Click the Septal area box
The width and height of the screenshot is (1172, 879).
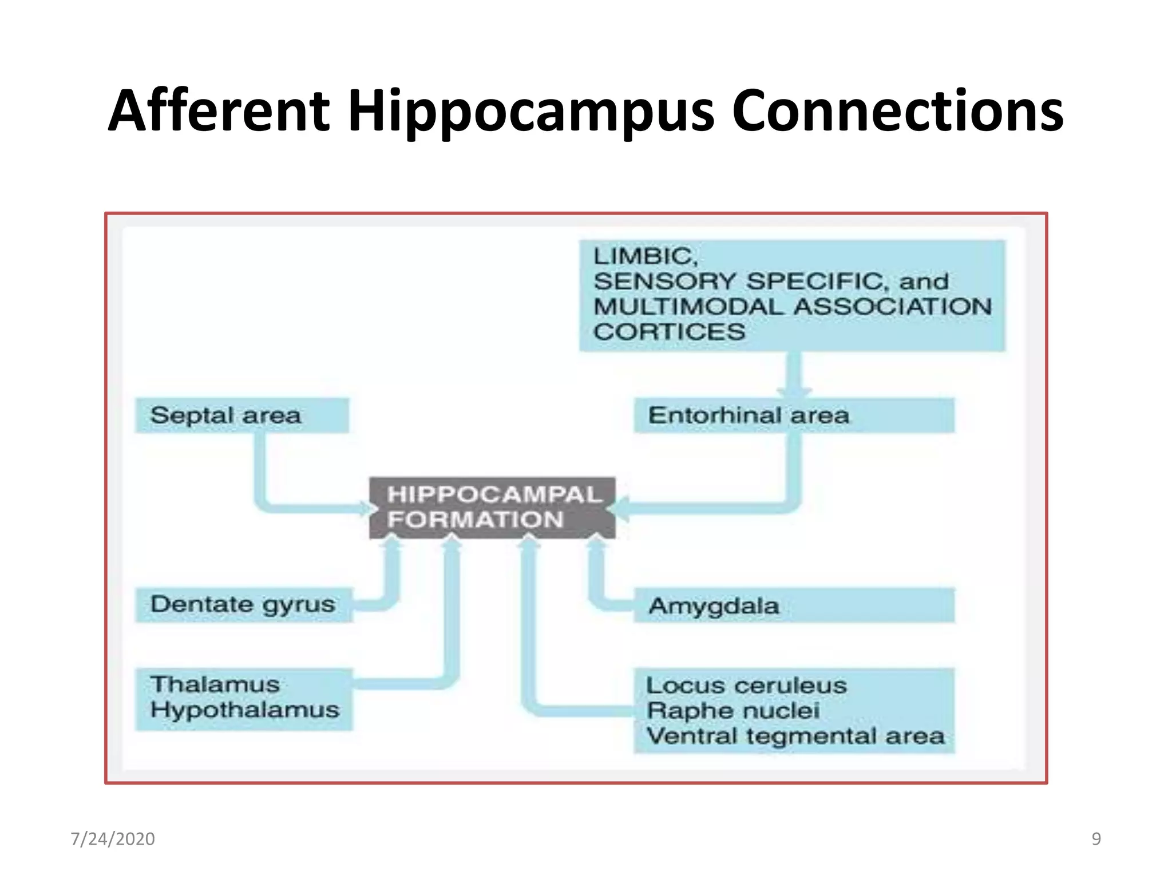tap(241, 415)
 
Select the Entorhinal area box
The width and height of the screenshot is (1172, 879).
tap(793, 415)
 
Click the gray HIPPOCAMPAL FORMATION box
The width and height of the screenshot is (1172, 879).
tap(492, 508)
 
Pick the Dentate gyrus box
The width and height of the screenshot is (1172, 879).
tap(243, 605)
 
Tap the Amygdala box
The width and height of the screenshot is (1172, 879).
tap(793, 605)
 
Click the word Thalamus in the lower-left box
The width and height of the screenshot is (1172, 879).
tap(215, 685)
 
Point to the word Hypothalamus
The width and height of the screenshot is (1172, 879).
tap(245, 710)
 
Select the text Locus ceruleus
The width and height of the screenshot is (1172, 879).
tap(746, 686)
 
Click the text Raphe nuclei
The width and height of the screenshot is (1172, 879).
tap(733, 711)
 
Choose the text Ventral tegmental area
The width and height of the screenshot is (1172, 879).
tap(795, 736)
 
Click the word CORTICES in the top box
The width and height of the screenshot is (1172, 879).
tap(669, 332)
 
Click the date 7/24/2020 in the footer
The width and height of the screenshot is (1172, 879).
tap(113, 839)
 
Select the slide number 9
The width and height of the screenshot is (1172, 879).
tap(1096, 839)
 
